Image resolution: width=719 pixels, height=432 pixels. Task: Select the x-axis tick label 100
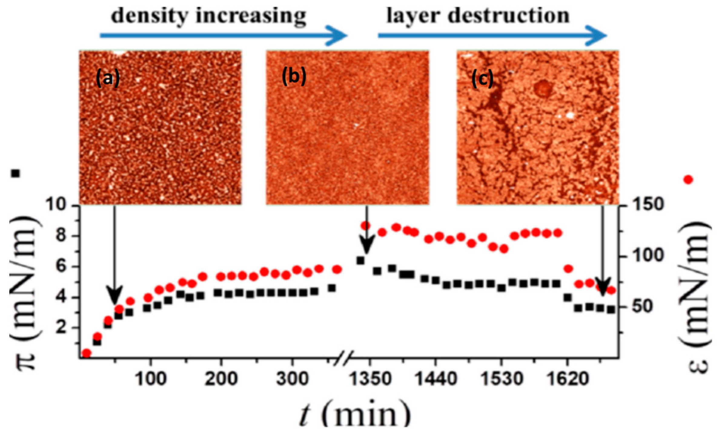[x=151, y=379]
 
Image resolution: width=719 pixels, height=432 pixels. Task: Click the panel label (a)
[x=108, y=79]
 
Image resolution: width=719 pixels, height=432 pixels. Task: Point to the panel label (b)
[x=294, y=76]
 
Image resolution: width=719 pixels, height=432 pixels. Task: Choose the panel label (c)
[x=482, y=79]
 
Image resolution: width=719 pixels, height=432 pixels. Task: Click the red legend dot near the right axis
[x=688, y=180]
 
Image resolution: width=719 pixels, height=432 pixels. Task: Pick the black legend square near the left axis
[x=15, y=173]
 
